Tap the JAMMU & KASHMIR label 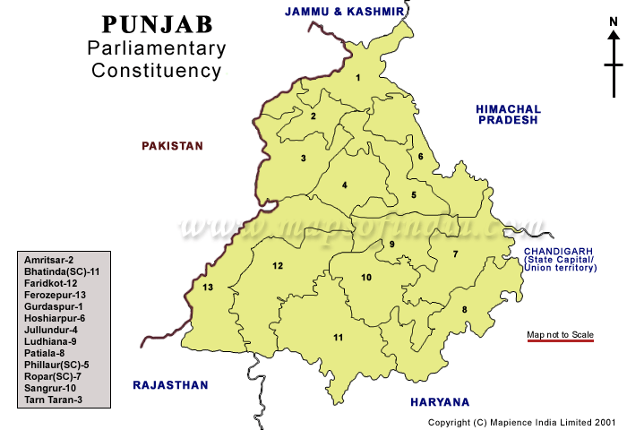pos(339,12)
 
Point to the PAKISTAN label pos(173,145)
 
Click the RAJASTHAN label pos(170,385)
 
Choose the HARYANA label pos(439,402)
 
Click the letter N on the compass pos(614,36)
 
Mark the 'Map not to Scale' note pos(560,335)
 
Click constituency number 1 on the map pos(357,78)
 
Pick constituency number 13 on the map pos(208,288)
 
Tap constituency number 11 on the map pos(338,337)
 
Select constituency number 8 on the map pos(464,310)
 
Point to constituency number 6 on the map pos(420,158)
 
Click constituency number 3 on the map pos(304,159)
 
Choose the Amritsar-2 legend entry pos(49,260)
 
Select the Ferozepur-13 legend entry pos(56,295)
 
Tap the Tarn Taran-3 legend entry pos(54,400)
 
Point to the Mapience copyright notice pos(522,421)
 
